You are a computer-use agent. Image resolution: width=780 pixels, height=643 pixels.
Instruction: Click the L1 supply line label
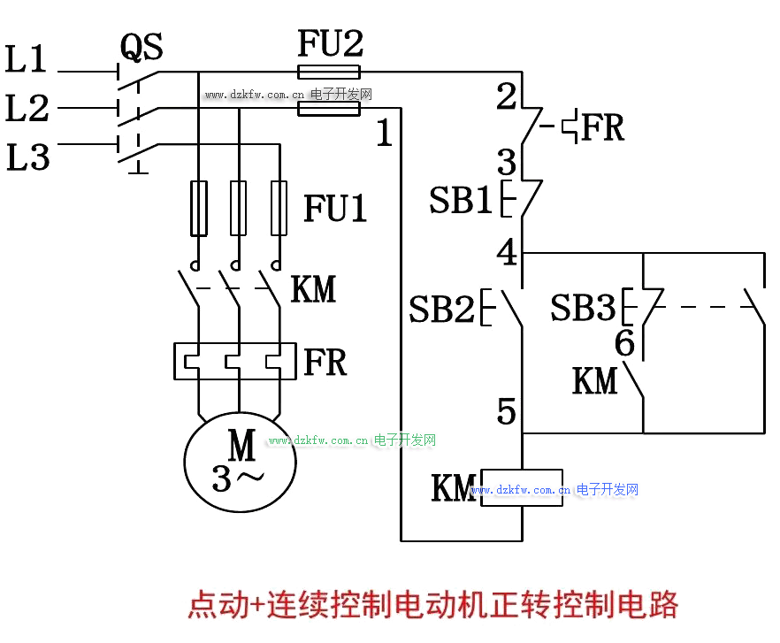[x=27, y=60]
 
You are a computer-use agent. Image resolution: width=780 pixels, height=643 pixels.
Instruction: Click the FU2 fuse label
[x=330, y=43]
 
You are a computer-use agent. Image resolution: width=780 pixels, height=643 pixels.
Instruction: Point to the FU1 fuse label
[x=335, y=209]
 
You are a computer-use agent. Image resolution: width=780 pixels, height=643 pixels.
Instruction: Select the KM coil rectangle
[x=522, y=487]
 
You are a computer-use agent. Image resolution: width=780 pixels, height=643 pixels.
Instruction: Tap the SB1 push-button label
[x=460, y=201]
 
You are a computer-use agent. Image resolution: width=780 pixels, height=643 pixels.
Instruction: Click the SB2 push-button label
[x=441, y=309]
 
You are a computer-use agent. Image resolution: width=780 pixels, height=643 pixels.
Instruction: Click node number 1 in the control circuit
[x=384, y=134]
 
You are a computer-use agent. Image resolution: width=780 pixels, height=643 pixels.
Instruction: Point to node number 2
[x=506, y=96]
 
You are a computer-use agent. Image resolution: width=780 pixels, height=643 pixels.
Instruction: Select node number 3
[x=506, y=162]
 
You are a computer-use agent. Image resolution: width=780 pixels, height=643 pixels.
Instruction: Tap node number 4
[x=507, y=253]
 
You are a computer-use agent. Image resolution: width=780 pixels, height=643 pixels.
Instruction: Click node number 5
[x=506, y=411]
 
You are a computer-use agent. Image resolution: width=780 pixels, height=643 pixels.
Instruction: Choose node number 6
[x=624, y=344]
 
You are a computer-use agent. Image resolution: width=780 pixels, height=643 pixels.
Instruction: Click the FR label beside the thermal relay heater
[x=325, y=362]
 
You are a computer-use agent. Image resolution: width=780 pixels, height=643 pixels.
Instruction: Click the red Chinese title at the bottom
[x=432, y=606]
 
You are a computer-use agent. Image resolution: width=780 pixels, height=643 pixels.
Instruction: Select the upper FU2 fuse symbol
[x=329, y=73]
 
